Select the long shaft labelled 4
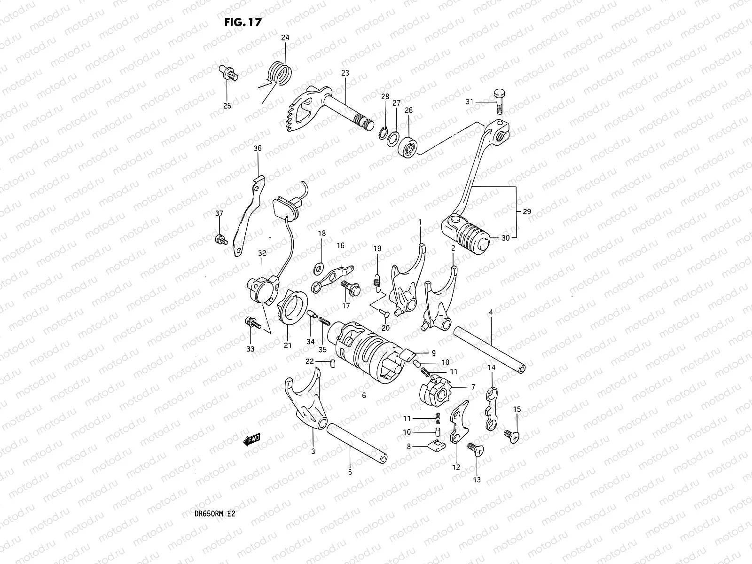pos(489,350)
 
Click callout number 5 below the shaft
pos(350,472)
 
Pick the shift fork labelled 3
pos(305,399)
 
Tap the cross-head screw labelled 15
pos(511,436)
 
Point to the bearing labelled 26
pos(408,147)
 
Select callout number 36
pos(257,148)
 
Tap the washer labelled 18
pos(318,268)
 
